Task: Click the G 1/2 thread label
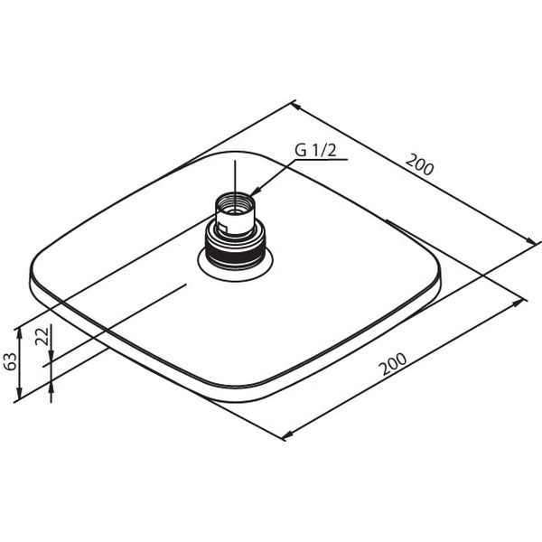pyautogui.click(x=315, y=150)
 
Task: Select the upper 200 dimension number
pyautogui.click(x=419, y=165)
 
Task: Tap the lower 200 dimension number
pyautogui.click(x=394, y=364)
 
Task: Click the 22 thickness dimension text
pyautogui.click(x=42, y=337)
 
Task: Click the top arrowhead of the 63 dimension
pyautogui.click(x=19, y=333)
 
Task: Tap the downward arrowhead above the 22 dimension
pyautogui.click(x=51, y=355)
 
